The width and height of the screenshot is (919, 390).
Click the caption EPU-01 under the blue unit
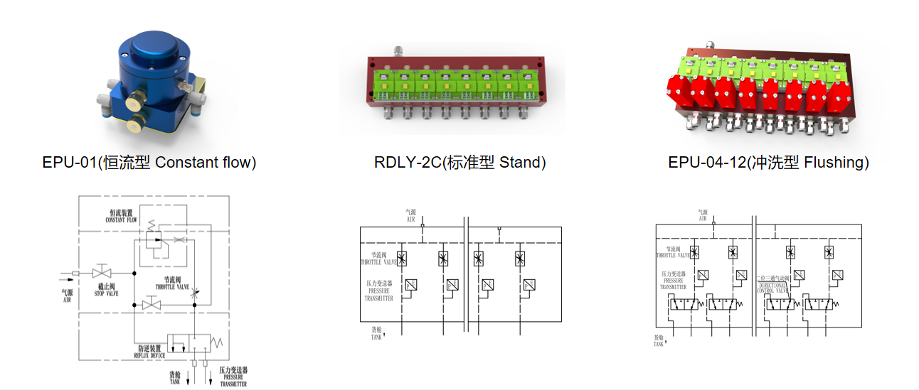coord(149,163)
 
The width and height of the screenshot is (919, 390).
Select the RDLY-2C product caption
coord(459,163)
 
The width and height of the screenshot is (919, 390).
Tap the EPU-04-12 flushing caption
coord(768,163)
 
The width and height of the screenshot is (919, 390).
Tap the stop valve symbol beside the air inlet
coord(103,273)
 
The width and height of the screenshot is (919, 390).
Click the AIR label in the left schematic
coord(68,296)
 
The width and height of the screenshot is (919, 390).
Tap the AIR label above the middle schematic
coord(410,216)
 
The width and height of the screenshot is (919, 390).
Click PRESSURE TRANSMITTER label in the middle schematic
coord(379,291)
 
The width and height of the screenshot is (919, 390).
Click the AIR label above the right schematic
coord(703,215)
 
